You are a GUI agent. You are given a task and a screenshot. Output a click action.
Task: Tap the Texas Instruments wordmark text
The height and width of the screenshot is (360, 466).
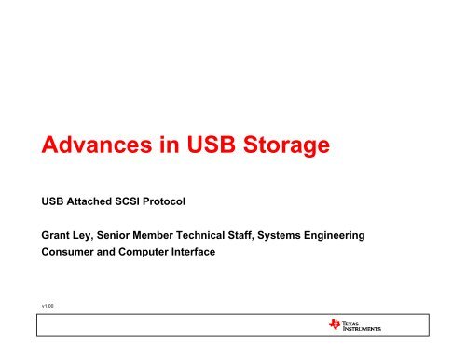(367, 325)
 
